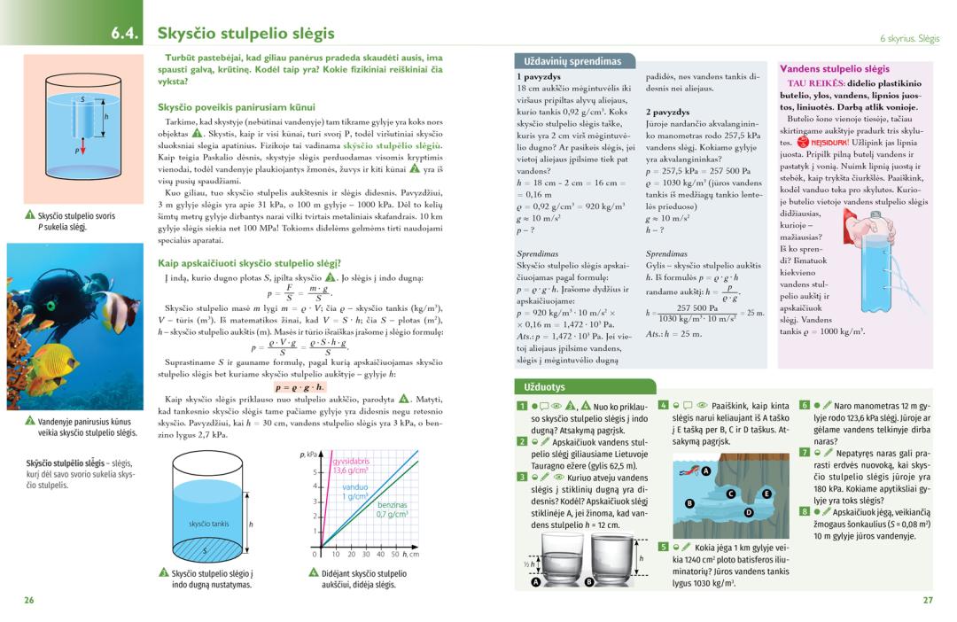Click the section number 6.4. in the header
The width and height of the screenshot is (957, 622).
click(127, 34)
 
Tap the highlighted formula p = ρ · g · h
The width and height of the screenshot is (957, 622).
click(300, 387)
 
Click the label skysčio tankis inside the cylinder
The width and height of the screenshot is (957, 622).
click(208, 524)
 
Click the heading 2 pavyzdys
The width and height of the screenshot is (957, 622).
click(667, 112)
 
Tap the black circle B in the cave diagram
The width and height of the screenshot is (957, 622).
click(689, 503)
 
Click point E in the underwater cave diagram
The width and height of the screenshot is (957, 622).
click(767, 494)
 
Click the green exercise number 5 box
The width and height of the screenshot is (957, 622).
click(663, 547)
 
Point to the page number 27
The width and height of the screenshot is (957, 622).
click(928, 600)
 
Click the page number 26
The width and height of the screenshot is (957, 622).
click(29, 600)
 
